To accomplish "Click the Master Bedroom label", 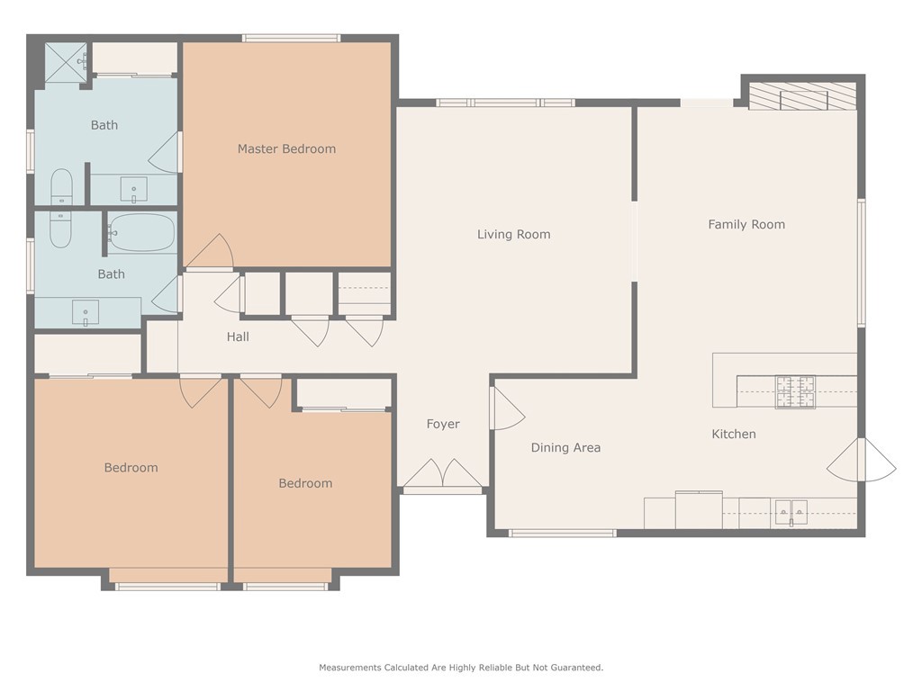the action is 286,148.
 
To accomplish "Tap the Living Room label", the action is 513,235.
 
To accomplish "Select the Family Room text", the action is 746,224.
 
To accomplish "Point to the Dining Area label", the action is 565,448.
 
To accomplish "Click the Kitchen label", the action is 734,435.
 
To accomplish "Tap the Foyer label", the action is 443,425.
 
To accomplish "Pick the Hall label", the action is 238,337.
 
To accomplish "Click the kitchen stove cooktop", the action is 796,392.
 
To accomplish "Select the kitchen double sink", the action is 791,512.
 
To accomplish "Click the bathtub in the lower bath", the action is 141,233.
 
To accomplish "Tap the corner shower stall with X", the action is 66,61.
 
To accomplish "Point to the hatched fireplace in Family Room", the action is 802,95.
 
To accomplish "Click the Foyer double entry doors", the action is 442,473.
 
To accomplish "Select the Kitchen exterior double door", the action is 862,460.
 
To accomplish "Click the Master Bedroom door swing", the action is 210,252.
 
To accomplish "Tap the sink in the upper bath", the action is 134,190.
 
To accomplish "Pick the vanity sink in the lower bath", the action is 86,312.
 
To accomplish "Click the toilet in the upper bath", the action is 61,187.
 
